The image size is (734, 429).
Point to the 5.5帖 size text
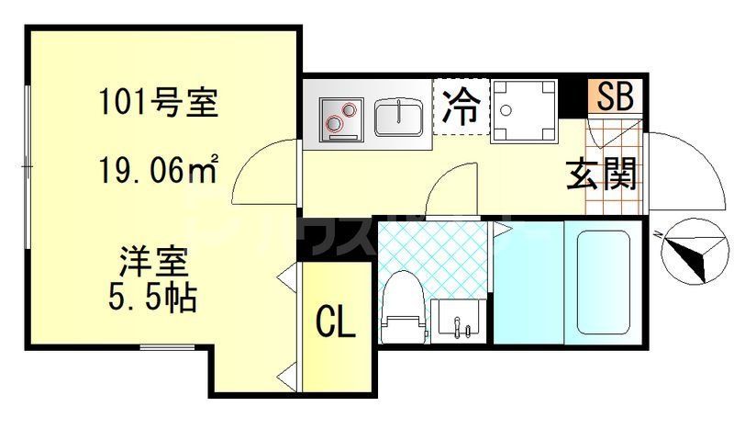[153, 298]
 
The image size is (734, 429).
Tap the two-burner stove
[340, 119]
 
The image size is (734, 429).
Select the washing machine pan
[525, 111]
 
